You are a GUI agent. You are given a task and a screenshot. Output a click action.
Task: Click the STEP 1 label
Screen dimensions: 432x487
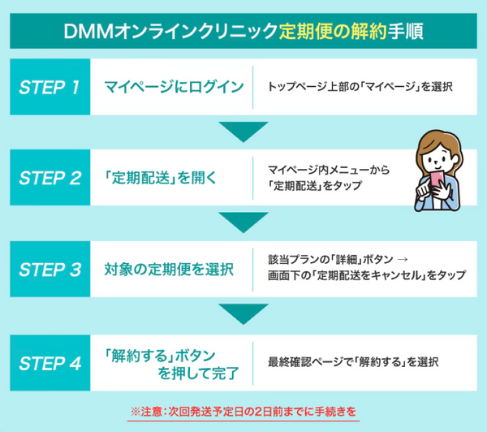tap(50, 87)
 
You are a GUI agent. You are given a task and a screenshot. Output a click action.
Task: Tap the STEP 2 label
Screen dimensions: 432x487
tap(50, 178)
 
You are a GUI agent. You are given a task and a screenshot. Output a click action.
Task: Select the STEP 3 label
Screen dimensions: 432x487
tap(50, 270)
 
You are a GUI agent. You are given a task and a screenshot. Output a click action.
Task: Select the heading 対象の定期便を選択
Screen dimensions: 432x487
tap(169, 270)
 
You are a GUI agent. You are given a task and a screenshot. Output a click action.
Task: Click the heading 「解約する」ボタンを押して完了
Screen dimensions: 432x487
tap(171, 361)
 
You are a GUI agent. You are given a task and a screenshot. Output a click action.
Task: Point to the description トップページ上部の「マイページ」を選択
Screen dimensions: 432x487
tap(358, 87)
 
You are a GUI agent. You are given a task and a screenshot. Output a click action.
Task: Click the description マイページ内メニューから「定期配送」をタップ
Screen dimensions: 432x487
tap(328, 178)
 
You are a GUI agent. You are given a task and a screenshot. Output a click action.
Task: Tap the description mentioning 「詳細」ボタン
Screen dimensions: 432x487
tap(366, 269)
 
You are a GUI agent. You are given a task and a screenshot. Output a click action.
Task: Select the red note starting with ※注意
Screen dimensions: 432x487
tap(243, 411)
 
